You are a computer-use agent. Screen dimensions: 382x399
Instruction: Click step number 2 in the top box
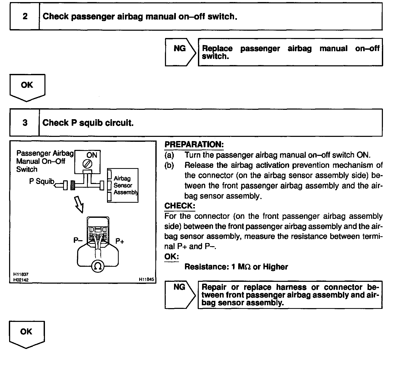click(25, 16)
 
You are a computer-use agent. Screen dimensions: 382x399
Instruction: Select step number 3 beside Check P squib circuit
click(25, 123)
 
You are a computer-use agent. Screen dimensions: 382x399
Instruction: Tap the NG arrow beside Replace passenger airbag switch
click(180, 52)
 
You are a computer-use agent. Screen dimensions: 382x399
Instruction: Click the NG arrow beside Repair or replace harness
click(180, 295)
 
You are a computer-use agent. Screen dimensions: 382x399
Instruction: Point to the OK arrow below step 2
click(27, 87)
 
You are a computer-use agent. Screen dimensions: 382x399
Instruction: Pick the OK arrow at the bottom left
click(26, 334)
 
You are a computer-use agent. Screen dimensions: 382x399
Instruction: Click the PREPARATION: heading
click(194, 144)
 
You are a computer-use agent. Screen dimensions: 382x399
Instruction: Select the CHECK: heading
click(180, 206)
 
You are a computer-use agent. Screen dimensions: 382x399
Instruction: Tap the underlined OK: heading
click(171, 257)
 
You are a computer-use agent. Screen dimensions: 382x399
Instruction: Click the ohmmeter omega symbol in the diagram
click(98, 266)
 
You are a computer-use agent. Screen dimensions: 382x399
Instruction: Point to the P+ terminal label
click(120, 241)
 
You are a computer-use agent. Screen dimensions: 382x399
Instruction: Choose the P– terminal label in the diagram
click(78, 240)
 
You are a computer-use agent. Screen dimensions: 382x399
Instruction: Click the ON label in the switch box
click(92, 155)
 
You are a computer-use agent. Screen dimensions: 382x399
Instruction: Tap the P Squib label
click(42, 181)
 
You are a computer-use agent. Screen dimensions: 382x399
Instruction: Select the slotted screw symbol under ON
click(87, 164)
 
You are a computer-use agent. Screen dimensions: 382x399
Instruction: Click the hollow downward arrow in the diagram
click(79, 205)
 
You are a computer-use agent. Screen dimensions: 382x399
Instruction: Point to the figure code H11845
click(147, 279)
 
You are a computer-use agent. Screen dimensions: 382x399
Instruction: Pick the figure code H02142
click(21, 280)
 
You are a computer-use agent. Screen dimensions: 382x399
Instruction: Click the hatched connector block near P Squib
click(73, 185)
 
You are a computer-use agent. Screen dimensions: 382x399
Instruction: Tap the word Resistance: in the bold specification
click(206, 267)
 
